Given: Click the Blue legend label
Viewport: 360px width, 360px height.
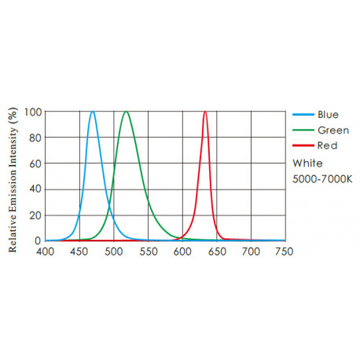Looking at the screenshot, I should point(328,114).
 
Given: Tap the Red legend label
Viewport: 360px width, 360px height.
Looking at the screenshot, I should point(326,146).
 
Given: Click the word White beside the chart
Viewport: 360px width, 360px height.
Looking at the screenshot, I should point(307,163).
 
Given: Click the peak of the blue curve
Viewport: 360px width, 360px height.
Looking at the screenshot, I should point(93,112).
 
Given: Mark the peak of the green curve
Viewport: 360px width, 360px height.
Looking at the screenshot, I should point(126,112).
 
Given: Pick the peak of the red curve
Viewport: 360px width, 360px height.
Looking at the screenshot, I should point(205,112).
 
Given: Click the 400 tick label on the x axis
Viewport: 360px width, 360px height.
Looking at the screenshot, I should point(46,252).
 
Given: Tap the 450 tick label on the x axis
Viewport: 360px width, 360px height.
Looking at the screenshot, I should point(79,252).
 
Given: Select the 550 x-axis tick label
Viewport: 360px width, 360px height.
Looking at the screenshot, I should point(148,252).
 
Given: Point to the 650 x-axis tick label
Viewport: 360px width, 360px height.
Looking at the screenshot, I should point(216,252).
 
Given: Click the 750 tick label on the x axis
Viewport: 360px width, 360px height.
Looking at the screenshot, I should point(285,252).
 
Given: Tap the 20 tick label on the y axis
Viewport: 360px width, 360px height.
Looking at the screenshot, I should point(35,215).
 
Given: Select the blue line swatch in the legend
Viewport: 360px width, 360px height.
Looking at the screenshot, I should point(303,114).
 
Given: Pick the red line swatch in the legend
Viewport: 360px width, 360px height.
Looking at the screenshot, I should point(303,146).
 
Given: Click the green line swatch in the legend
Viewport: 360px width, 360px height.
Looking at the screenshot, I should point(303,130).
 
